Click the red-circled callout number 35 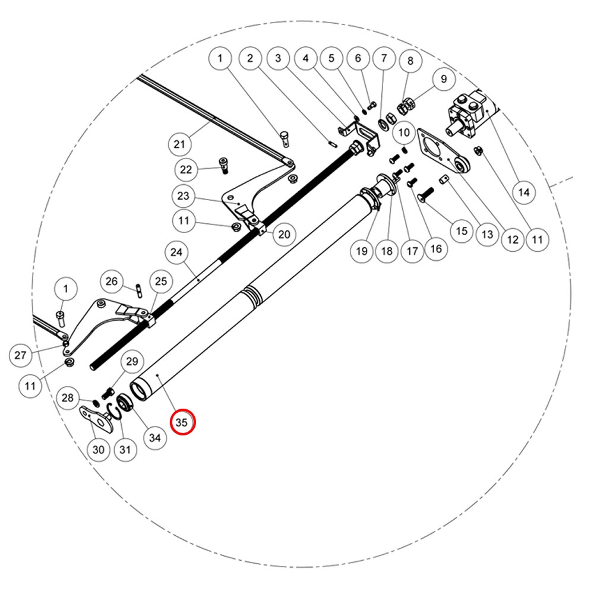pyautogui.click(x=182, y=422)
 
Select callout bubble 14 pyautogui.click(x=523, y=192)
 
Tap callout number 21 pyautogui.click(x=179, y=144)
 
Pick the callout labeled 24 pyautogui.click(x=176, y=252)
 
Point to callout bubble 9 pyautogui.click(x=444, y=79)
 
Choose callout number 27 pyautogui.click(x=20, y=355)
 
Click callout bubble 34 pyautogui.click(x=155, y=438)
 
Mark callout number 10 pyautogui.click(x=404, y=132)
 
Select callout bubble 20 pyautogui.click(x=284, y=235)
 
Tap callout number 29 pyautogui.click(x=132, y=361)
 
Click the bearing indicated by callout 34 pyautogui.click(x=124, y=402)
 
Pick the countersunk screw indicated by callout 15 pyautogui.click(x=425, y=195)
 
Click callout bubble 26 pyautogui.click(x=112, y=281)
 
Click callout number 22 pyautogui.click(x=185, y=169)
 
